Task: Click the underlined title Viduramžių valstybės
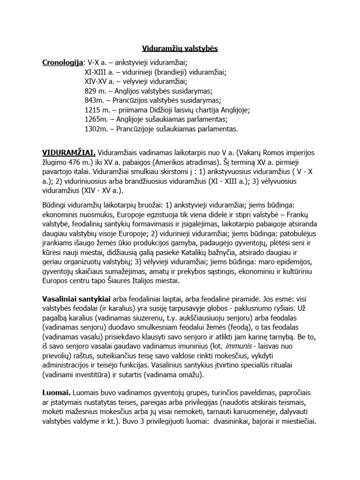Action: coord(180,48)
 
